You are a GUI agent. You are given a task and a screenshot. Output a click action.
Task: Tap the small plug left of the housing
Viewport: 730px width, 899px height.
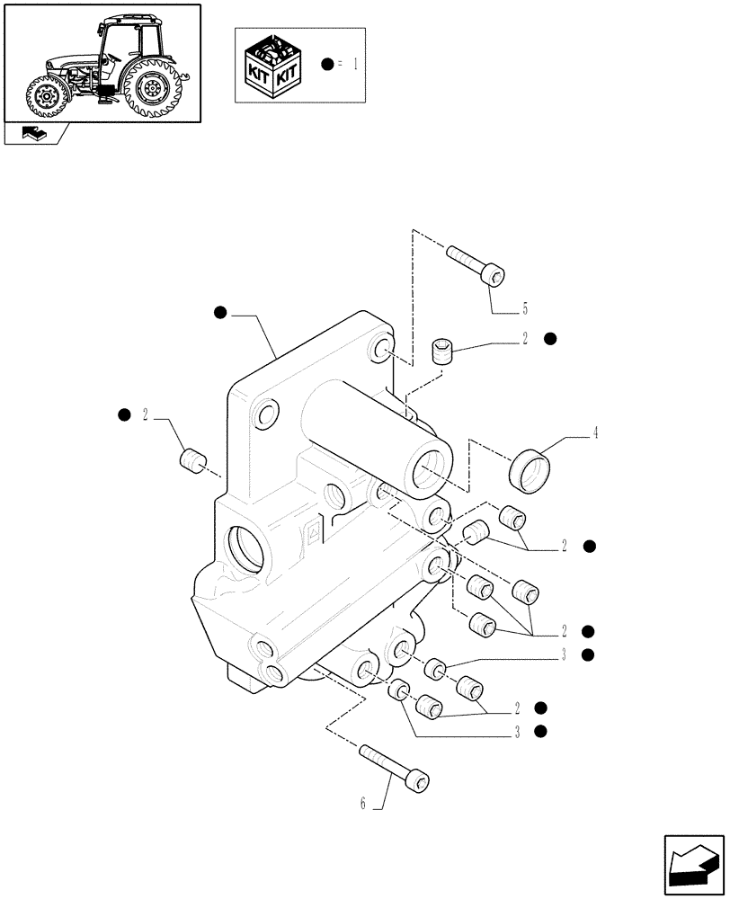tap(190, 461)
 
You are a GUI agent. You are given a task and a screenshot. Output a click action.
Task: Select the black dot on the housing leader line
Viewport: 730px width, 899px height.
tap(220, 312)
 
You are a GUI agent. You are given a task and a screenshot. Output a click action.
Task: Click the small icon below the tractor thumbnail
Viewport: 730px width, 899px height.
tap(35, 134)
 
